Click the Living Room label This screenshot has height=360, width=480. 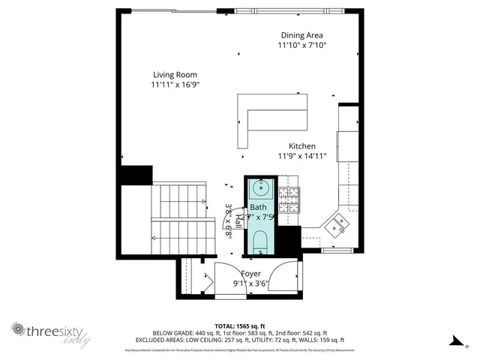[175, 74]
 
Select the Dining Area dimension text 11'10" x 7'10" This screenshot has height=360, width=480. [302, 46]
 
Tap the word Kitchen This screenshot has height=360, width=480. [302, 146]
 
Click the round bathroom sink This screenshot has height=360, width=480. [261, 187]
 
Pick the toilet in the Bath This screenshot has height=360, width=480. [260, 242]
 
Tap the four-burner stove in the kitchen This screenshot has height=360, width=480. [289, 199]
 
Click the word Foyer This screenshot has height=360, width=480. [251, 274]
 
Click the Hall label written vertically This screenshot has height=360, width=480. [238, 220]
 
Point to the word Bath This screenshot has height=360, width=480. [258, 207]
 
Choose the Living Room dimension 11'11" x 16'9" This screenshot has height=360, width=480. [175, 85]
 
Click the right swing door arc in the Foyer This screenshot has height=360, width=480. [285, 278]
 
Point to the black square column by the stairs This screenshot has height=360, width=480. [136, 175]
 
